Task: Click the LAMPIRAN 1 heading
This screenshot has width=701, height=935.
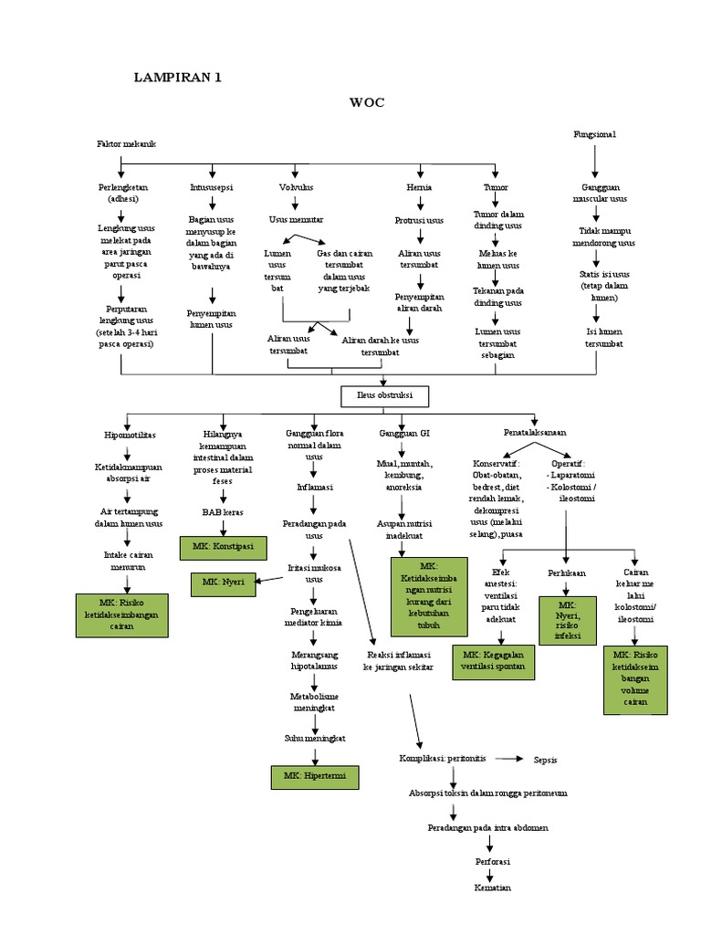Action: (x=179, y=78)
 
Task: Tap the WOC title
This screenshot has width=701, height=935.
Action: (x=366, y=102)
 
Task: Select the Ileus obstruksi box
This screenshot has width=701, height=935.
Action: (x=383, y=397)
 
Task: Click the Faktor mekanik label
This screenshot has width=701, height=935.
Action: (x=127, y=145)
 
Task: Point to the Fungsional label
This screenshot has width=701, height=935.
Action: (x=594, y=134)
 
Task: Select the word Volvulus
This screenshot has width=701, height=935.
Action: (x=297, y=186)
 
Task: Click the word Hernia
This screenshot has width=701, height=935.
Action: (x=419, y=186)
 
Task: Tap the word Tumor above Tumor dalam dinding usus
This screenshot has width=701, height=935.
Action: (x=497, y=186)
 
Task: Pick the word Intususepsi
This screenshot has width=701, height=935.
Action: (x=212, y=186)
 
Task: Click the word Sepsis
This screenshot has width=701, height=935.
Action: (x=546, y=759)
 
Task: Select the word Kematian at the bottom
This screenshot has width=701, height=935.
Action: (x=492, y=887)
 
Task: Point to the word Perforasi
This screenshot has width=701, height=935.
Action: (x=492, y=861)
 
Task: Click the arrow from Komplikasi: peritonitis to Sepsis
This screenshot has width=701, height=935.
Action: (x=508, y=759)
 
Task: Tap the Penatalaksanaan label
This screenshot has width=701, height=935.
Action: (x=535, y=431)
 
